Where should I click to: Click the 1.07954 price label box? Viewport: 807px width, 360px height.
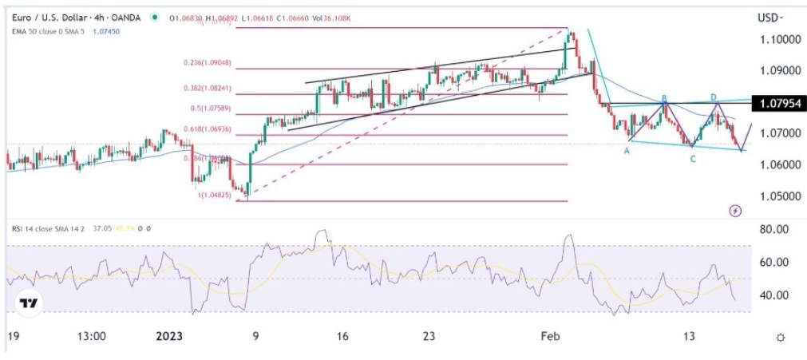pyautogui.click(x=779, y=103)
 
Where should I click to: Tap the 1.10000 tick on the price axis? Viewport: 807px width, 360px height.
pyautogui.click(x=778, y=39)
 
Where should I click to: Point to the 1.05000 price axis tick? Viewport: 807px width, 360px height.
pyautogui.click(x=778, y=196)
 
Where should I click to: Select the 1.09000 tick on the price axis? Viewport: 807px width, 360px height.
pyautogui.click(x=778, y=70)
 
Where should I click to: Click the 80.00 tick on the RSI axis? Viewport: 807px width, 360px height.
pyautogui.click(x=773, y=230)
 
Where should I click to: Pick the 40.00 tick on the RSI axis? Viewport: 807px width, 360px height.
pyautogui.click(x=773, y=295)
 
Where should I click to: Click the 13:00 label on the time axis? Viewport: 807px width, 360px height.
pyautogui.click(x=93, y=337)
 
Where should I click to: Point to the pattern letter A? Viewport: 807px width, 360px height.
pyautogui.click(x=627, y=149)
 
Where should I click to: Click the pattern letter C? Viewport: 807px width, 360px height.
pyautogui.click(x=693, y=159)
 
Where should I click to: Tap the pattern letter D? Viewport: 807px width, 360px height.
pyautogui.click(x=715, y=97)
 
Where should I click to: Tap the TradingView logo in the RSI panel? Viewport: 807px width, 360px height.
pyautogui.click(x=29, y=303)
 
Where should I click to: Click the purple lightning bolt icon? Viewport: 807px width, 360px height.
pyautogui.click(x=736, y=211)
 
